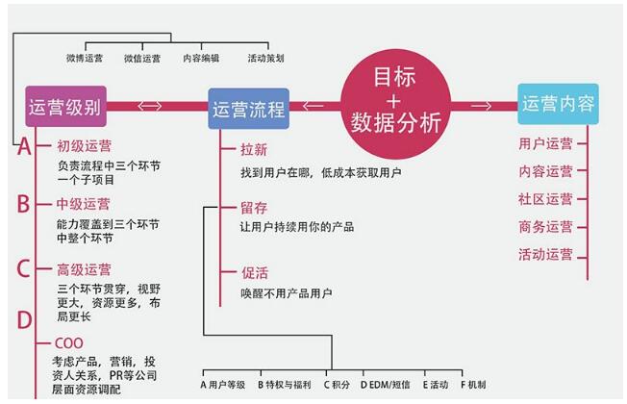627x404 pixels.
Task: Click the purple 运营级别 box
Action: coord(66,106)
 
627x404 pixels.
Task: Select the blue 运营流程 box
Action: coord(248,108)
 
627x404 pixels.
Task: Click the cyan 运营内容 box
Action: coord(558,104)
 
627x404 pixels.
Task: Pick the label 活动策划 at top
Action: coord(265,58)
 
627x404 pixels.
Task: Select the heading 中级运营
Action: coord(84,204)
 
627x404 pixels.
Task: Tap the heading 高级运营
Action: coord(84,269)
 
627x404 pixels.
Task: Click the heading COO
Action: coord(69,342)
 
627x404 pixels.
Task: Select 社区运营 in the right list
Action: coord(545,199)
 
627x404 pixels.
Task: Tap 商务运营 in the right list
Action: coord(545,227)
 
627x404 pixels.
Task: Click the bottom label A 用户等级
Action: coord(223,384)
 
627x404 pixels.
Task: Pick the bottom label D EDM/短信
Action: coord(383,384)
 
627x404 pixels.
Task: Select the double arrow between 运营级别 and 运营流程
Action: coord(150,107)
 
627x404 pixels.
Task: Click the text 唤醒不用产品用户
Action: coord(287,293)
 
